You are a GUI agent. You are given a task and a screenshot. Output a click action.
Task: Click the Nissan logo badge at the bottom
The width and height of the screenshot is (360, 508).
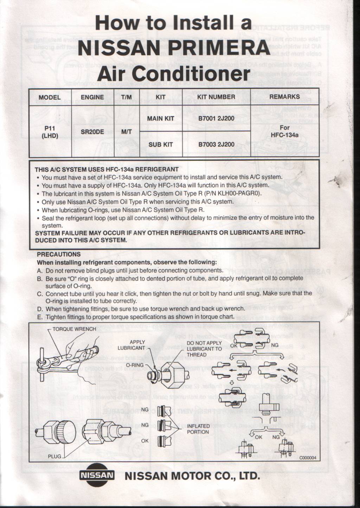[97, 476]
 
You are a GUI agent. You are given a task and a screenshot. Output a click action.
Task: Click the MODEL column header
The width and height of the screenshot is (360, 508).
[50, 97]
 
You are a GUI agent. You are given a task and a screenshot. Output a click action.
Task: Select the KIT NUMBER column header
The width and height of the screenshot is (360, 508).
[216, 97]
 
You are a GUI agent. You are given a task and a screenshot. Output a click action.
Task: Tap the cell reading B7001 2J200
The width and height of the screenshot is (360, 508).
[216, 119]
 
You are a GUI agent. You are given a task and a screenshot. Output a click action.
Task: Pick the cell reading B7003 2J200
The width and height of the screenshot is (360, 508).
[216, 144]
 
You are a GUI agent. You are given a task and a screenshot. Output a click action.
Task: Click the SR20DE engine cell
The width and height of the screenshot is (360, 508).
[92, 132]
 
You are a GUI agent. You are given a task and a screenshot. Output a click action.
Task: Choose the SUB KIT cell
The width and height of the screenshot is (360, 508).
[160, 144]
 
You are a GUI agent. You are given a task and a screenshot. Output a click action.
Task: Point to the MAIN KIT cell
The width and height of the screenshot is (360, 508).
[160, 119]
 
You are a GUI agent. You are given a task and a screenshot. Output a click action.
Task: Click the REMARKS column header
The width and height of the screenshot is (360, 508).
[284, 97]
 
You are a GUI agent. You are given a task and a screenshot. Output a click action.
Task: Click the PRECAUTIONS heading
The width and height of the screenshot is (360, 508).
[59, 254]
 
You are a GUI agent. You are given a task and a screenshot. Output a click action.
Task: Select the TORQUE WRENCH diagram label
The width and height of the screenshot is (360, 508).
[74, 329]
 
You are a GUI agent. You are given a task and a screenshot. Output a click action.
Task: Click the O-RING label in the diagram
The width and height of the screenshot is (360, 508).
[135, 365]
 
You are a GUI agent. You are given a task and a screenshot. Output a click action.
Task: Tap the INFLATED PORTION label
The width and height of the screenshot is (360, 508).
[198, 429]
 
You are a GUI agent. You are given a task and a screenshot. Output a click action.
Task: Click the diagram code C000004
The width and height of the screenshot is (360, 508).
[308, 458]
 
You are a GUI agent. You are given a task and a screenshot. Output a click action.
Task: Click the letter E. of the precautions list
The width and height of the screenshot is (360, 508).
[40, 317]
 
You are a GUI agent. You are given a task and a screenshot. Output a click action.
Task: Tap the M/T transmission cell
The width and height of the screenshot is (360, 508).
[126, 132]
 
